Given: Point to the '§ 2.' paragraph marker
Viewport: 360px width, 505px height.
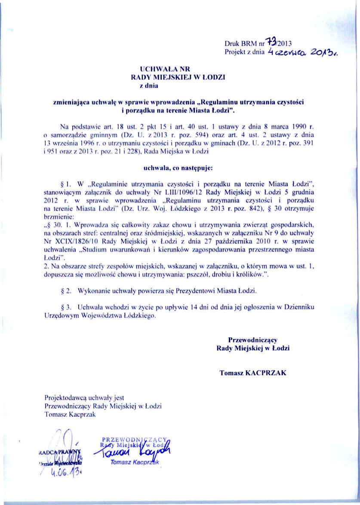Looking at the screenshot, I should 67,291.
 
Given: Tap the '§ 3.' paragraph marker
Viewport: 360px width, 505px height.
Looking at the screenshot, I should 67,307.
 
